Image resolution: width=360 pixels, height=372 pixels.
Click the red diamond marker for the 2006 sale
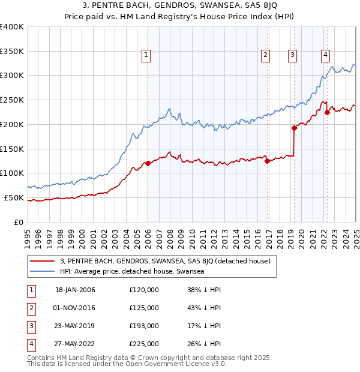[148, 163]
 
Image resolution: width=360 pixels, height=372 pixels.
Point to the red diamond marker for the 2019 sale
[295, 128]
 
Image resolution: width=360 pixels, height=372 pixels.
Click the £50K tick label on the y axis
[14, 197]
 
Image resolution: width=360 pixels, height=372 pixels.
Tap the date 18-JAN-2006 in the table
[75, 290]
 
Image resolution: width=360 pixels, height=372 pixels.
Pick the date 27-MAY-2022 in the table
[75, 344]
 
